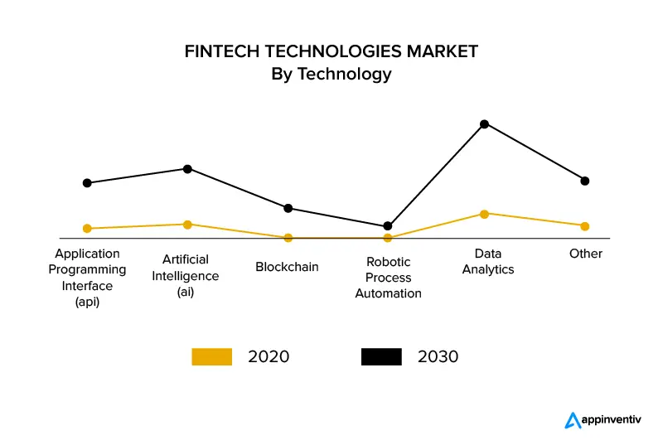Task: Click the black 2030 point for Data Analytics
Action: click(x=485, y=124)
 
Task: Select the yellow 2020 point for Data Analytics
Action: click(x=485, y=214)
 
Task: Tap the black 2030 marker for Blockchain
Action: click(x=288, y=208)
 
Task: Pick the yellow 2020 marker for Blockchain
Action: click(x=288, y=238)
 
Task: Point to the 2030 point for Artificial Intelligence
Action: click(x=187, y=169)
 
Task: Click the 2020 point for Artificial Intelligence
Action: click(x=187, y=225)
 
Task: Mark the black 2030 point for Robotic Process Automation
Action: click(x=388, y=226)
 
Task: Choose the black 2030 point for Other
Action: click(x=585, y=181)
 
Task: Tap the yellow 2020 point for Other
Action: click(x=585, y=226)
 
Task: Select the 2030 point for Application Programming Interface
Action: click(x=87, y=183)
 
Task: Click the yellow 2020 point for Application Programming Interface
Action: click(x=87, y=229)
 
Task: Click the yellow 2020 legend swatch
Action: click(x=211, y=357)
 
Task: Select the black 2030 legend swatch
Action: click(x=381, y=357)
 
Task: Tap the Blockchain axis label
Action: click(x=287, y=267)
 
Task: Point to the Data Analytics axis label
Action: click(x=488, y=261)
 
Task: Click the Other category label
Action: click(x=586, y=254)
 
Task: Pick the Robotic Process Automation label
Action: click(x=388, y=278)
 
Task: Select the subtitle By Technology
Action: click(x=331, y=74)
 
